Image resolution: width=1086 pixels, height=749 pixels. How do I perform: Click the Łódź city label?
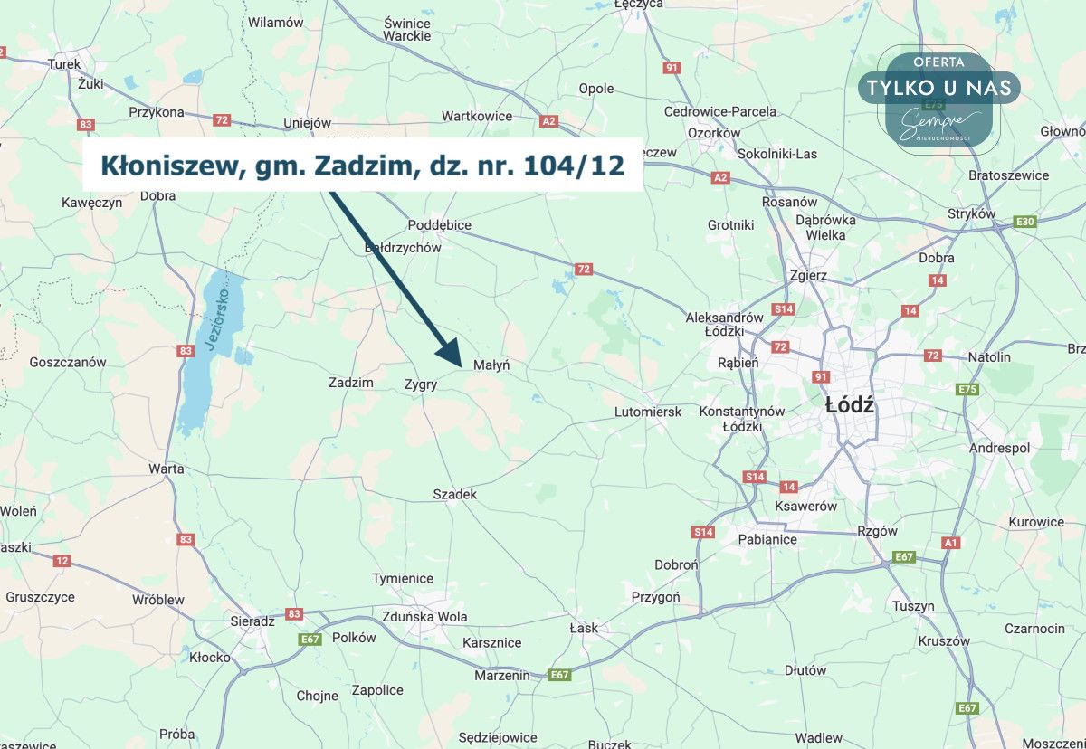tap(850, 405)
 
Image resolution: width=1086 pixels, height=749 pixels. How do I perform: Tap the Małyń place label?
tap(492, 365)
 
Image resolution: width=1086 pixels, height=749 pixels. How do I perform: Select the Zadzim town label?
tap(351, 383)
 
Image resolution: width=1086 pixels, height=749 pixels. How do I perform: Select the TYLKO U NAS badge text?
tap(939, 88)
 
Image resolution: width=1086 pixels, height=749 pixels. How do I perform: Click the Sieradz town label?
tap(252, 621)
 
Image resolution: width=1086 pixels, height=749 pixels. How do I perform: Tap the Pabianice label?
tap(767, 539)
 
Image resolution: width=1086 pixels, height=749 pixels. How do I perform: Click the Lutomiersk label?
tap(647, 412)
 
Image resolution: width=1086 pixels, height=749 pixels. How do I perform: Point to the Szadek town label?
tap(455, 494)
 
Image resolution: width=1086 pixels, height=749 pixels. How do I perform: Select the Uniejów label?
tap(308, 123)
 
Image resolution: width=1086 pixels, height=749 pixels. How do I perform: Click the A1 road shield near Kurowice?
tap(950, 543)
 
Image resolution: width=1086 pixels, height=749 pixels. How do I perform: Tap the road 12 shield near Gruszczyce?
tap(62, 561)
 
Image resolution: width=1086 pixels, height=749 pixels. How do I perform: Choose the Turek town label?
tap(64, 64)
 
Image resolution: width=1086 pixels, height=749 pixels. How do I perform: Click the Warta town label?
tap(167, 469)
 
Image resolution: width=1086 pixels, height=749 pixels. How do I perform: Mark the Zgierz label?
tap(808, 275)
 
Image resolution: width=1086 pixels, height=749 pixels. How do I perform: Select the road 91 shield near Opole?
tap(671, 68)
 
